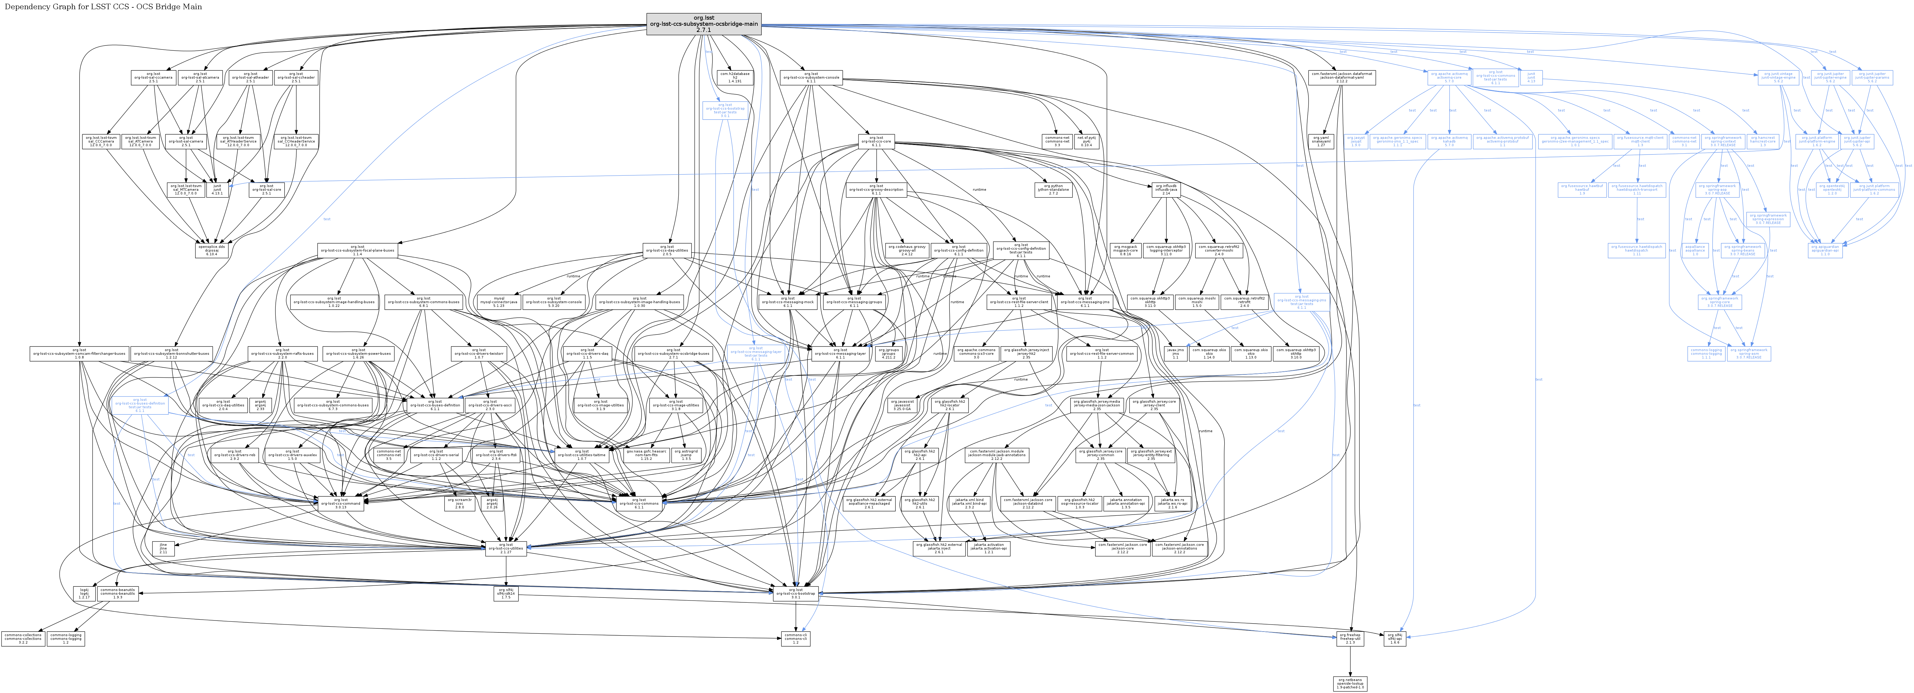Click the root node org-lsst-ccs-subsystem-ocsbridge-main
(x=704, y=24)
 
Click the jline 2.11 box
(x=164, y=549)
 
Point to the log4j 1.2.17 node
(x=85, y=593)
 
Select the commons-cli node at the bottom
(x=795, y=638)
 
